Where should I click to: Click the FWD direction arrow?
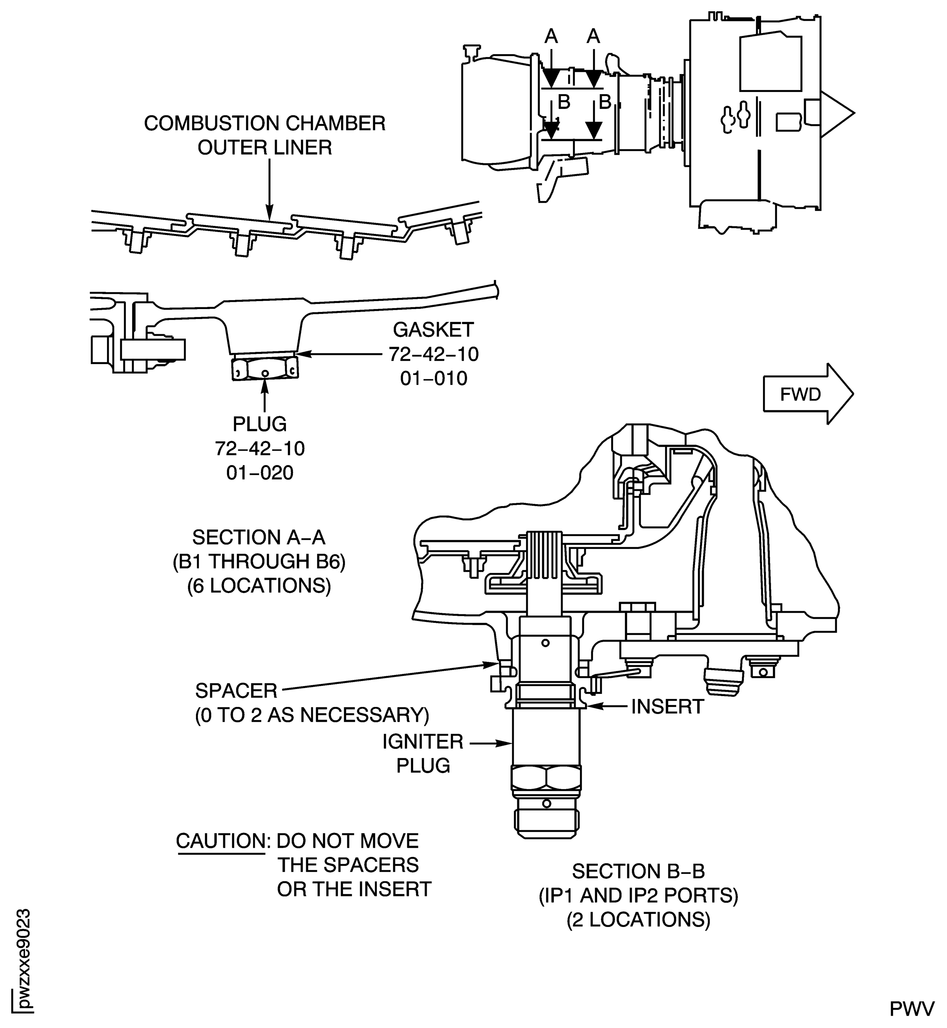pyautogui.click(x=807, y=394)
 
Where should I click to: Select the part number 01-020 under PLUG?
pyautogui.click(x=260, y=473)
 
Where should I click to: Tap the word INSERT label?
pyautogui.click(x=667, y=707)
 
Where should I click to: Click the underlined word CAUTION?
pyautogui.click(x=220, y=841)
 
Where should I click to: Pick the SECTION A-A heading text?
pyautogui.click(x=259, y=537)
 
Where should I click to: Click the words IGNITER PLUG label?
pyautogui.click(x=423, y=754)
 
